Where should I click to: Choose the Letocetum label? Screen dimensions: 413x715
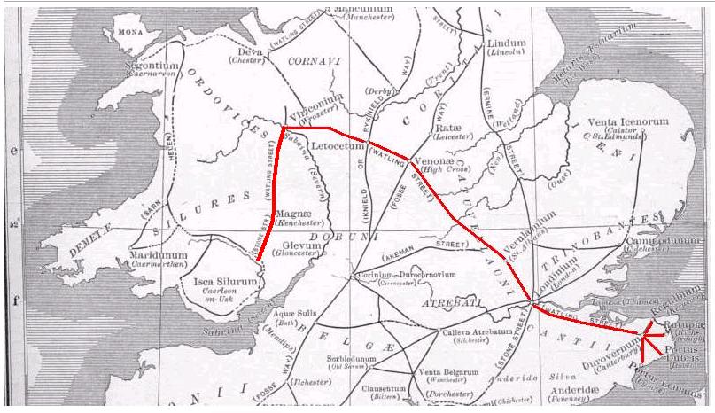339,148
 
